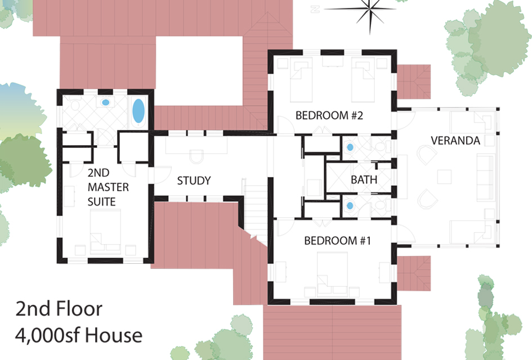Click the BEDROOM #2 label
(x=329, y=115)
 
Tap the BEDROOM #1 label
(x=337, y=241)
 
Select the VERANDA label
(x=455, y=141)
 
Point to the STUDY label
(x=194, y=181)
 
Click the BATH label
(x=364, y=179)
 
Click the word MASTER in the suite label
(x=108, y=187)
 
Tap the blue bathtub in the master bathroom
(x=138, y=111)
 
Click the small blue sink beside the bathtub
(x=105, y=102)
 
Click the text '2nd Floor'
(x=59, y=309)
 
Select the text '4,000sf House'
(x=79, y=335)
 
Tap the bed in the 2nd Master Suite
(x=105, y=232)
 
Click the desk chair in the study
(x=196, y=156)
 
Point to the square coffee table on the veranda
(x=444, y=177)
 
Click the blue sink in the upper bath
(x=350, y=147)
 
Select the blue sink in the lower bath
(x=350, y=205)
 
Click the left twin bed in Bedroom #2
(x=301, y=80)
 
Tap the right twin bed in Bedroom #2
(x=363, y=80)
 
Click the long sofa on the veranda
(x=485, y=177)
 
